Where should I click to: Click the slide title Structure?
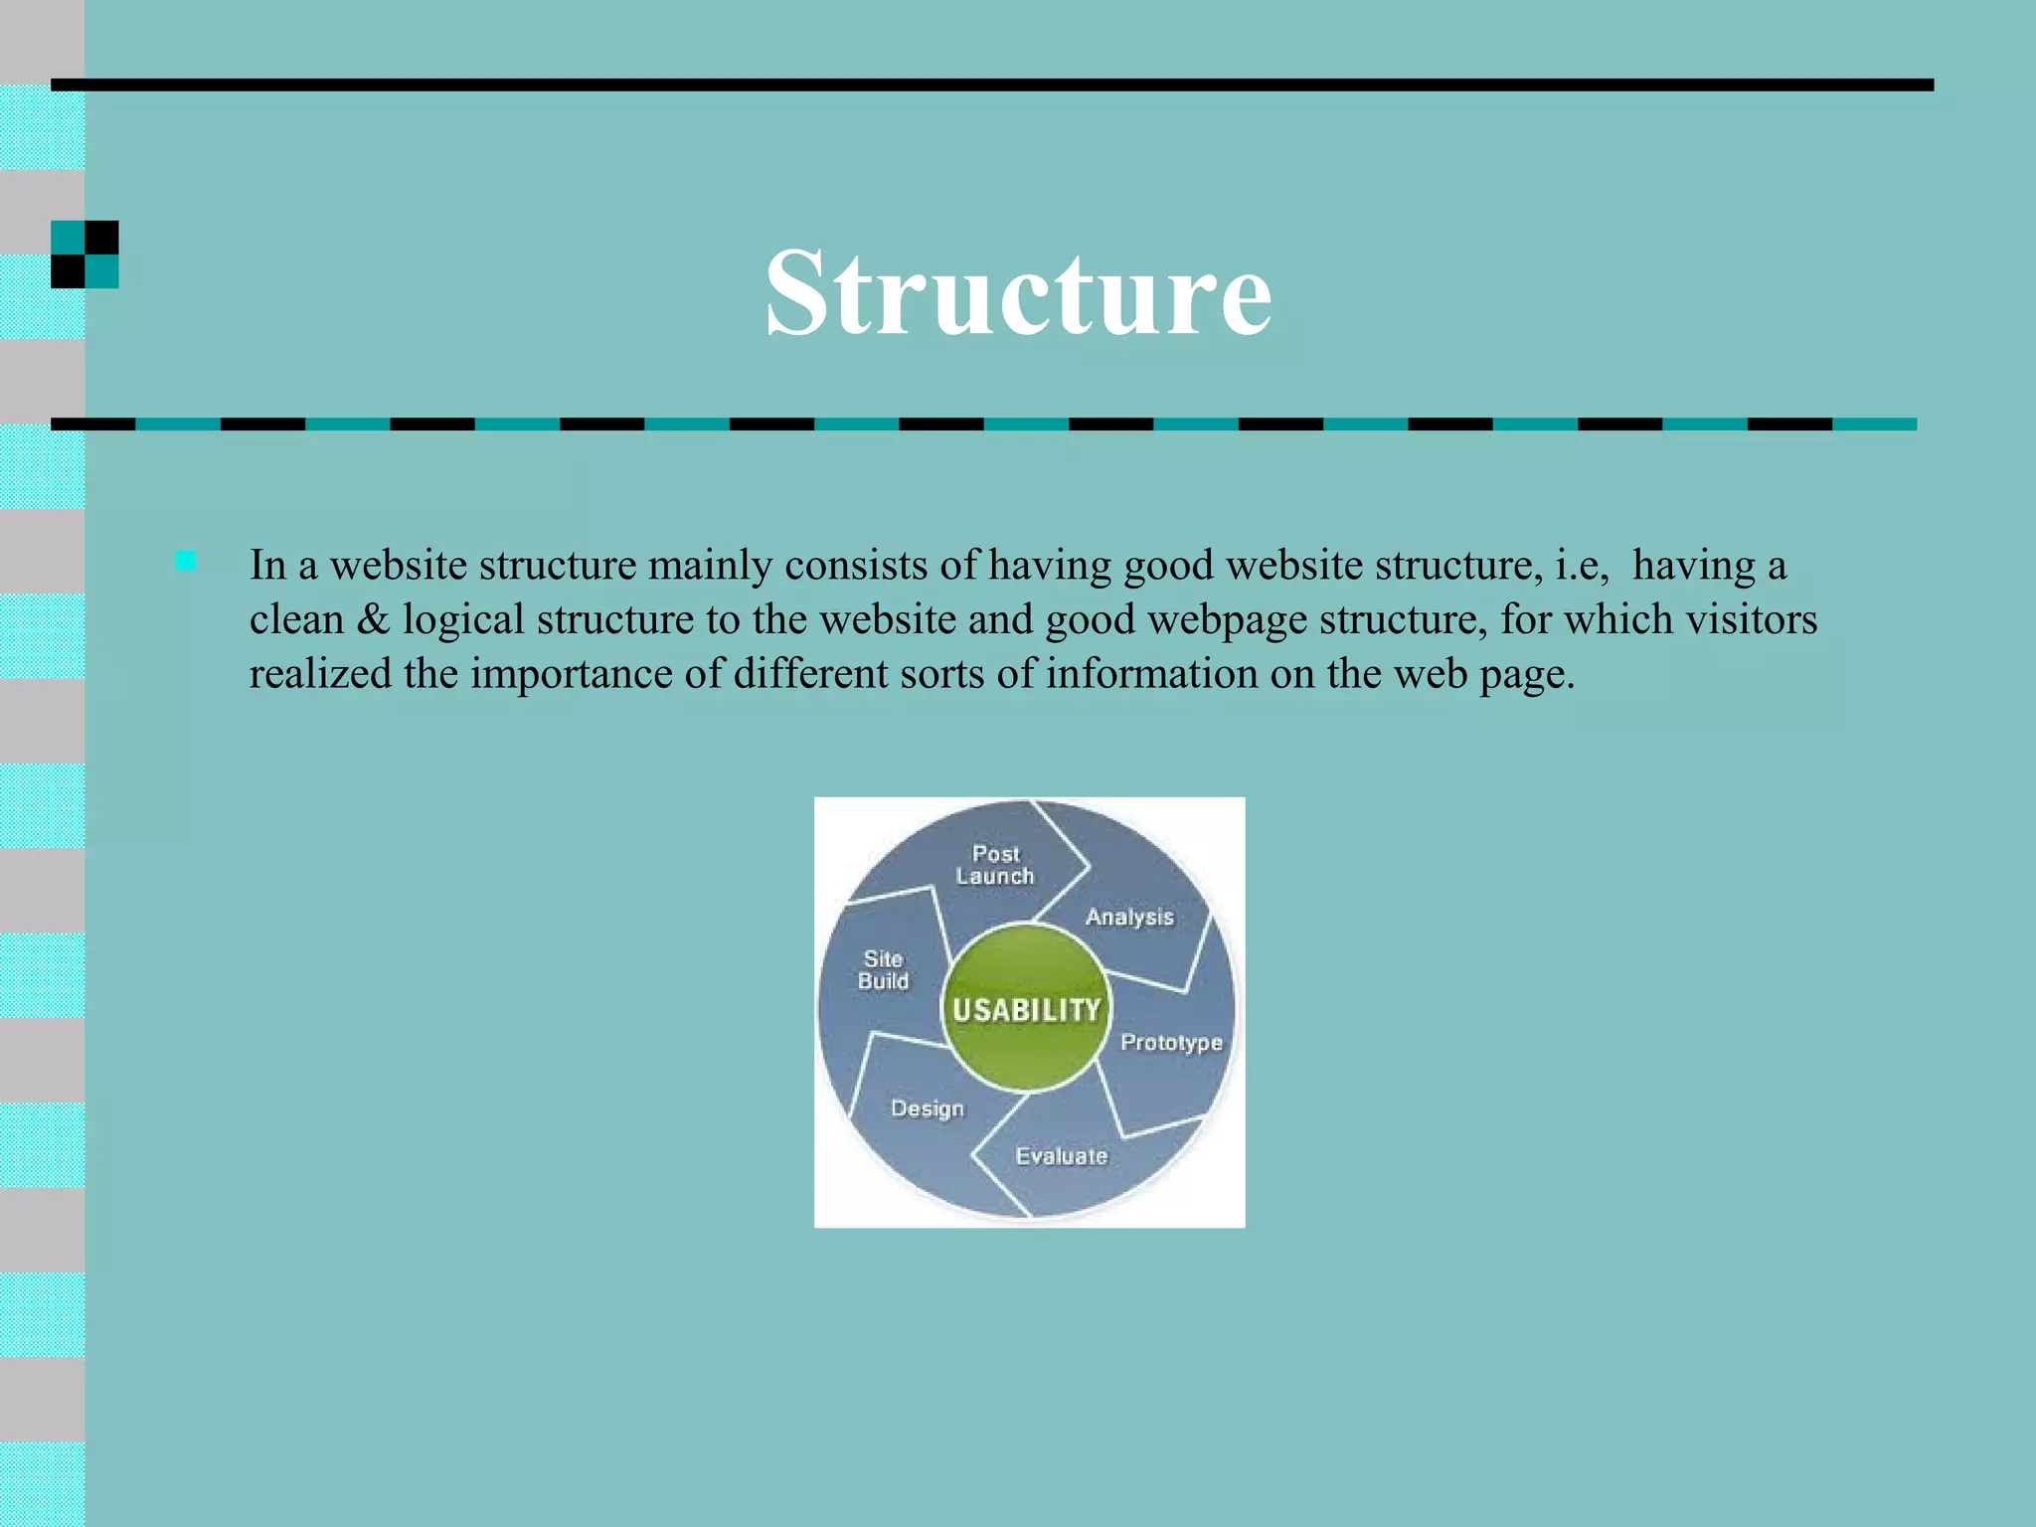coord(1018,293)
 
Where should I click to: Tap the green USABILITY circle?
coord(1026,1008)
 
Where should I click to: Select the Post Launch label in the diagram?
coord(995,865)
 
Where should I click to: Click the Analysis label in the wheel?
coord(1129,917)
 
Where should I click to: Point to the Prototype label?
coord(1171,1042)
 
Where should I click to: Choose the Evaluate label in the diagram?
coord(1062,1155)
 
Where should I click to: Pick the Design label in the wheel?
coord(928,1107)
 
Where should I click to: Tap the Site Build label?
coord(883,970)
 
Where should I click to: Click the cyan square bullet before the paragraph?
coord(186,561)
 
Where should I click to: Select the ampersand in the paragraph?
coord(373,619)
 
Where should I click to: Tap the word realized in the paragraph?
coord(319,674)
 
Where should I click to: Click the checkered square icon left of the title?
coord(85,254)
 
